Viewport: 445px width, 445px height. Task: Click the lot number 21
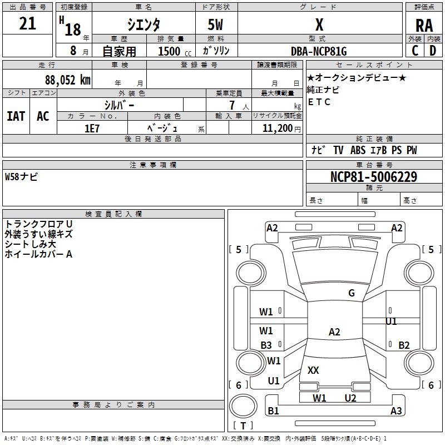[27, 24]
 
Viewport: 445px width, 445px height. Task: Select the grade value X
[319, 24]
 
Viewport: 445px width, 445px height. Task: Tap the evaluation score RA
[424, 25]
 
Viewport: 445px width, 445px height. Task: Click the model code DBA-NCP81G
[319, 51]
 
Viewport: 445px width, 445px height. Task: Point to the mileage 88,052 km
[67, 80]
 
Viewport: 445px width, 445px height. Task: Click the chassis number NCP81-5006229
[373, 177]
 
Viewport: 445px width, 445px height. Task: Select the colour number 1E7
[92, 127]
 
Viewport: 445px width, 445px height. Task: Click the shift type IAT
[16, 116]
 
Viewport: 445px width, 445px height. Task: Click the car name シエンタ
[144, 24]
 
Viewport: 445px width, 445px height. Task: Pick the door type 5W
[216, 24]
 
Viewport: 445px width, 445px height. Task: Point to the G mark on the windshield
[352, 293]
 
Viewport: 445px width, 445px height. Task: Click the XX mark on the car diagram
[313, 370]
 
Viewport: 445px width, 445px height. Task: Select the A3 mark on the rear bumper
[396, 411]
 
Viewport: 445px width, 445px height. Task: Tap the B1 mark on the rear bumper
[273, 411]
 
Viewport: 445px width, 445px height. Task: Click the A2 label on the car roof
[334, 332]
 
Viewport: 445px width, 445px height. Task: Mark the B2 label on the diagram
[404, 345]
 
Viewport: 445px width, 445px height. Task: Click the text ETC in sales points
[319, 102]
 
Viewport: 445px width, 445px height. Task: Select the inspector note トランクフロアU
[38, 224]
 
